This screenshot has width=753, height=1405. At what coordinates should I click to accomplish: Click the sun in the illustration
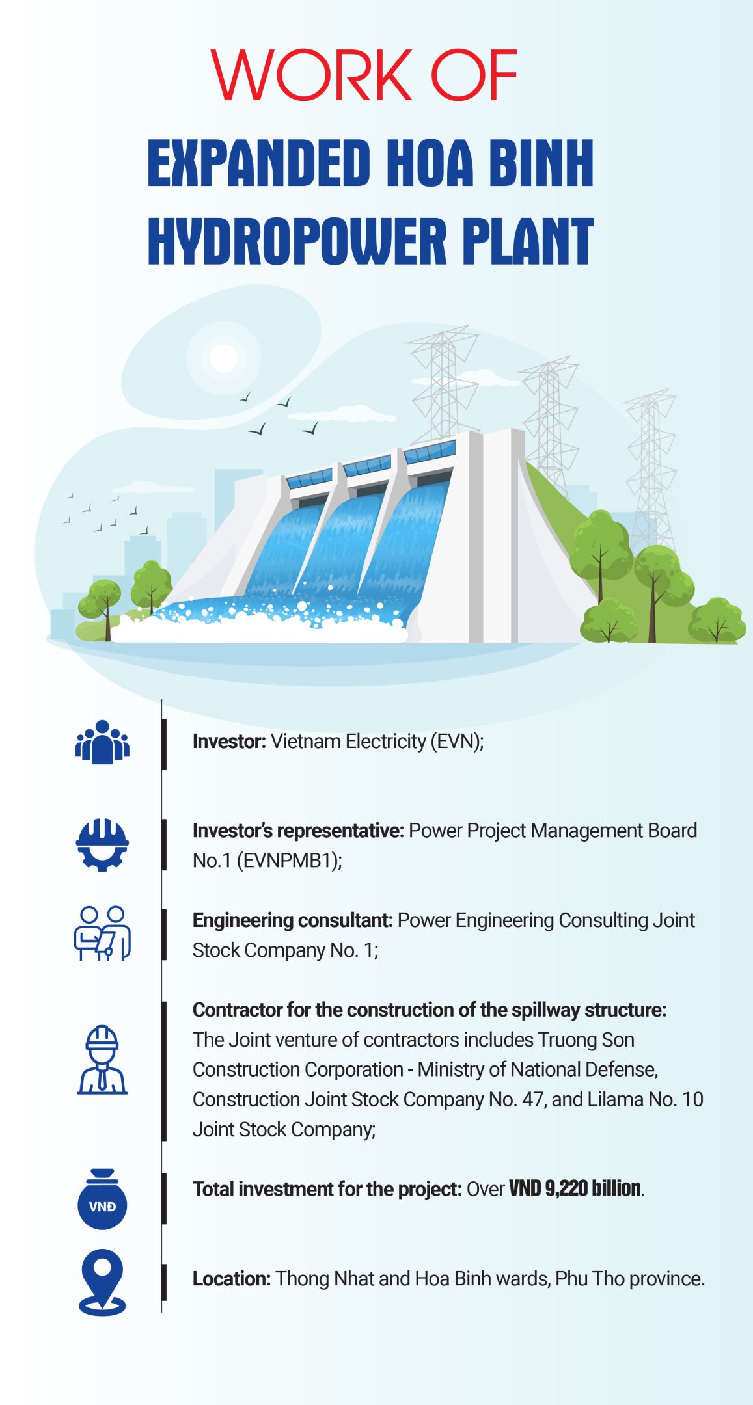(x=223, y=357)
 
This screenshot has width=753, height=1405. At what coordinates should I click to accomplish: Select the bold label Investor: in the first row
(x=229, y=742)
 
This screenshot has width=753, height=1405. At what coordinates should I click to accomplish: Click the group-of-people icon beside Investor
(x=103, y=742)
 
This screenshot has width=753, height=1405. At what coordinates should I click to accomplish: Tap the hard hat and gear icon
(x=102, y=845)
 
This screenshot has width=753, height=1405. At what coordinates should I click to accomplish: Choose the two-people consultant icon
(x=103, y=933)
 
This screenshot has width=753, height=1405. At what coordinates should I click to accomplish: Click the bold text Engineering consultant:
(x=292, y=921)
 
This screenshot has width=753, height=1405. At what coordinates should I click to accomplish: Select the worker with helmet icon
(x=103, y=1060)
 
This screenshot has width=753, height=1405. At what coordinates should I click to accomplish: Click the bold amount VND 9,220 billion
(x=575, y=1188)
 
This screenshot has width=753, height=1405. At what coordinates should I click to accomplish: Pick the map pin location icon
(x=103, y=1283)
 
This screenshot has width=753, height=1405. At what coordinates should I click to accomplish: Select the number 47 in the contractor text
(x=532, y=1099)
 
